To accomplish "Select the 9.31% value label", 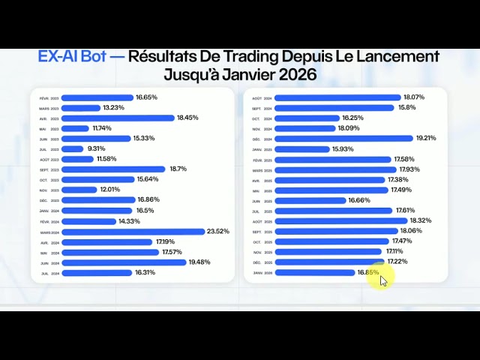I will pos(97,148).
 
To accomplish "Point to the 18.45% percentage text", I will pos(187,118).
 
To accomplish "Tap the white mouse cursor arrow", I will pos(383,280).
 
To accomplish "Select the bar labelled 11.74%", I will pos(76,128).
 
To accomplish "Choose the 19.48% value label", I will pos(199,262).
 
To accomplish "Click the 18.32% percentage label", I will pos(421,220).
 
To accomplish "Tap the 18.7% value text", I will pos(178,169).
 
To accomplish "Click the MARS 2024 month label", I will pos(50,232).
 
